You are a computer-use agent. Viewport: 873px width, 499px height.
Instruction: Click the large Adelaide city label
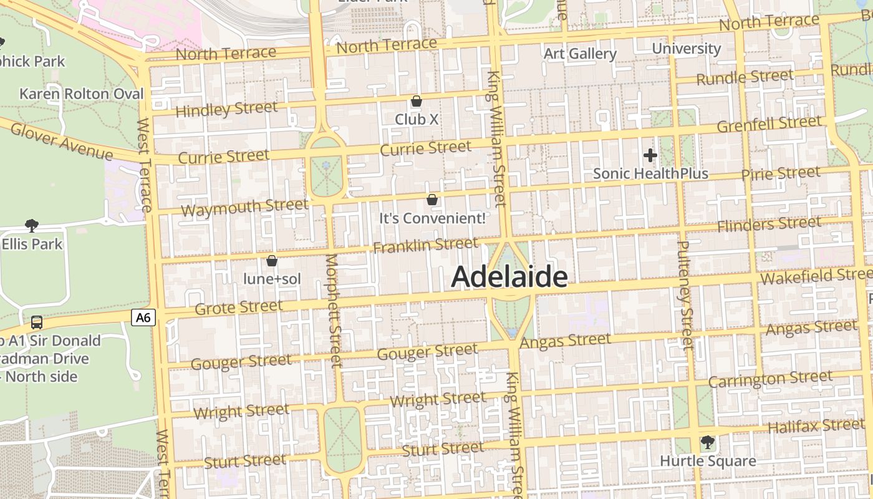[509, 277]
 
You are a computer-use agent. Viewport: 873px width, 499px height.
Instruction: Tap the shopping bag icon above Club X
[417, 101]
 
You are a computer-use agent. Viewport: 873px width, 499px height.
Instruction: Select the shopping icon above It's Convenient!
[432, 200]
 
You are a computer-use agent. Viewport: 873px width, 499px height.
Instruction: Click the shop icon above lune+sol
[271, 261]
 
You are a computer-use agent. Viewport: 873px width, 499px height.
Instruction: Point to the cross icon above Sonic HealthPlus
[650, 155]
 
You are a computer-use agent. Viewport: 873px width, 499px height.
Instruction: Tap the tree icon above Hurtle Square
[707, 442]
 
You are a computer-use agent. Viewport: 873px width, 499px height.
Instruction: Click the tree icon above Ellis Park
[32, 225]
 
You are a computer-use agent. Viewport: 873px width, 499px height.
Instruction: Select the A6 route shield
[143, 317]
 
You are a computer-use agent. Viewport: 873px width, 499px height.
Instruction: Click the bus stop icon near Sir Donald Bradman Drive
[37, 322]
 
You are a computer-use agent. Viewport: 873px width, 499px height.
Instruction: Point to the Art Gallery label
[580, 54]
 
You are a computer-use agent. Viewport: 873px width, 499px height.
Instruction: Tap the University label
[686, 49]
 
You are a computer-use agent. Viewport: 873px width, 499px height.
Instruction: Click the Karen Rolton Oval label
[82, 94]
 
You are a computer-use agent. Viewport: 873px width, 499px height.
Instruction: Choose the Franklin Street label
[425, 245]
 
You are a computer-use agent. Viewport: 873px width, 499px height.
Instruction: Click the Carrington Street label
[770, 379]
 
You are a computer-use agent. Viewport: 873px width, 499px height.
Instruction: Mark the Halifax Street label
[816, 427]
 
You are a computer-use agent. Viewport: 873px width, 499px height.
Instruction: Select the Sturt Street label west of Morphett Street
[245, 462]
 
